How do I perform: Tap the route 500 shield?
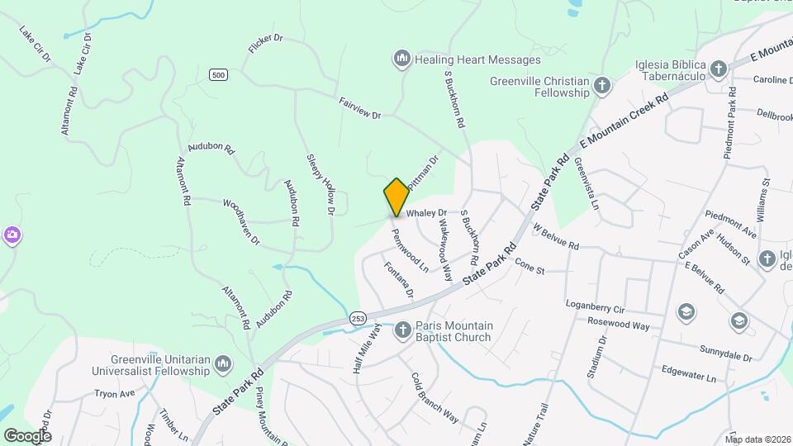(x=218, y=75)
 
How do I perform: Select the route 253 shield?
(x=358, y=318)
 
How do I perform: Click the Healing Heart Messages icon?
(x=402, y=59)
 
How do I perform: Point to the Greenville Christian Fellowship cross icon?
(x=603, y=85)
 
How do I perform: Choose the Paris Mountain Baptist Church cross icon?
(x=403, y=330)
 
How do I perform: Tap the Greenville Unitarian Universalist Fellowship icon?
(x=223, y=364)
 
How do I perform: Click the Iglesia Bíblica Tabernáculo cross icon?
(x=719, y=69)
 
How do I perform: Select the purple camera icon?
(x=12, y=235)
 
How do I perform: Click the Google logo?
(x=27, y=435)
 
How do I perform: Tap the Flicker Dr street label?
(x=265, y=44)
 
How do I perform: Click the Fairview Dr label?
(x=359, y=108)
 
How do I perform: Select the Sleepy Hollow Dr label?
(x=321, y=184)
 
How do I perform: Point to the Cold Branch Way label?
(x=434, y=398)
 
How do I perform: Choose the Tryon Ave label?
(x=114, y=394)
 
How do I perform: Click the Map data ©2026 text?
(x=757, y=439)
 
